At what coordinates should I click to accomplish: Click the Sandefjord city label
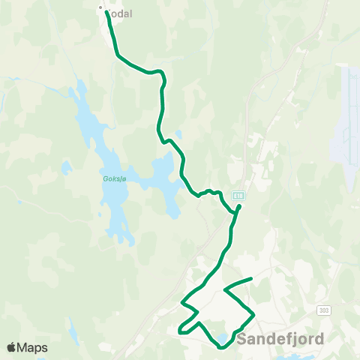coord(280,339)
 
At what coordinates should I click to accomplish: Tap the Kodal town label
coord(121,14)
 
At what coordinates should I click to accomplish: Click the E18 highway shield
coord(238,193)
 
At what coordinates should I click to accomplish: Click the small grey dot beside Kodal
coord(100,9)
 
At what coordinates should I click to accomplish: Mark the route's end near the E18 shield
coord(239,206)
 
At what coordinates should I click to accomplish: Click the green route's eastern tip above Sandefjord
coord(250,280)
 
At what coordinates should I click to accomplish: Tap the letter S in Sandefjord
coord(241,339)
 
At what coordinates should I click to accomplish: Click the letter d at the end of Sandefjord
coord(319,339)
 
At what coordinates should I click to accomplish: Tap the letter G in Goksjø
coord(103,178)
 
